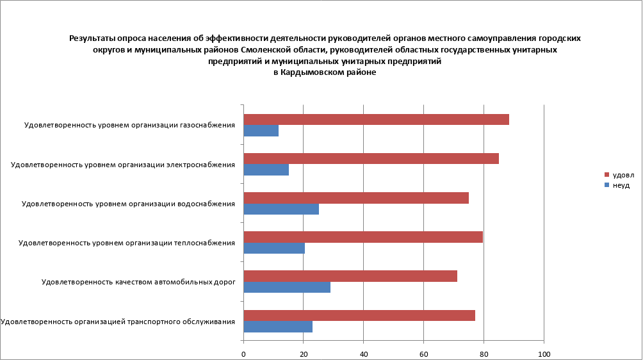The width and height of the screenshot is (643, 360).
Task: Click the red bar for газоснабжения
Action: (x=377, y=120)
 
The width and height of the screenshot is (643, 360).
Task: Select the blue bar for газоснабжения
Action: (x=261, y=131)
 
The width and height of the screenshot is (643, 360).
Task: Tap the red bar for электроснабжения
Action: (x=371, y=159)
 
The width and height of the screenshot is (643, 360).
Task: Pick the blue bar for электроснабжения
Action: (x=266, y=170)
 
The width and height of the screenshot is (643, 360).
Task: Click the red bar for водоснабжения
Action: (x=356, y=198)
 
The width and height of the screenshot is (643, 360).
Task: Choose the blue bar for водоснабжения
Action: (x=281, y=209)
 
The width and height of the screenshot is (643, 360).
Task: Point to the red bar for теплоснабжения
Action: (x=363, y=237)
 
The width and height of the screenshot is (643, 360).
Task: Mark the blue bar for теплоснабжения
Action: (x=274, y=248)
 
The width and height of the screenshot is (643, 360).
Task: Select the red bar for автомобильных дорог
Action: (x=350, y=276)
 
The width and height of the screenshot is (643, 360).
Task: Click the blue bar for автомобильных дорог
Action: (x=287, y=287)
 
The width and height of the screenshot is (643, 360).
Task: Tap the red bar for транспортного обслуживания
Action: (x=359, y=315)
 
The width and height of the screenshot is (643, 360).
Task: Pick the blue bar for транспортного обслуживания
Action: (x=278, y=326)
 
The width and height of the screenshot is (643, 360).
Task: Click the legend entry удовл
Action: (x=623, y=175)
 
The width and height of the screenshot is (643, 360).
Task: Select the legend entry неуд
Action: (x=621, y=184)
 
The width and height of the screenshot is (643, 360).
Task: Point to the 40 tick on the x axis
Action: (x=364, y=354)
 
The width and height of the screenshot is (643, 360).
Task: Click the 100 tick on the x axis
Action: (x=544, y=354)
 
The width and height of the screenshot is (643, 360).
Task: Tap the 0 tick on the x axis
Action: (x=244, y=354)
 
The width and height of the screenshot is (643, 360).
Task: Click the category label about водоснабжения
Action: (x=128, y=204)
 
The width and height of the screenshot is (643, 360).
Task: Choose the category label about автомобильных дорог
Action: (x=138, y=282)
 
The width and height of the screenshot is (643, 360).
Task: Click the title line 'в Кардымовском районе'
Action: (x=325, y=72)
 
